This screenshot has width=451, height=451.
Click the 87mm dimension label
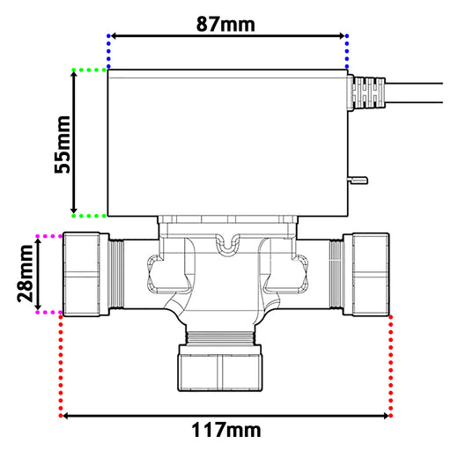pos(225,24)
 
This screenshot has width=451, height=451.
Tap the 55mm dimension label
pos(63,144)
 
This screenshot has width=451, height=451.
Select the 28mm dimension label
pos(25,274)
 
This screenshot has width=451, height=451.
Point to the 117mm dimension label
pos(226,430)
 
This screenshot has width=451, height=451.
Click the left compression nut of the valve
pos(85,275)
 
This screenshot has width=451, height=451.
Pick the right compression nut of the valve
pos(366,275)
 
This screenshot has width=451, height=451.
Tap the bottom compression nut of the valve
pos(219,367)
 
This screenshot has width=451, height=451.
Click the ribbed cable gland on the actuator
pos(366,92)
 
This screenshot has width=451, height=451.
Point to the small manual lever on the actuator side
pos(358,180)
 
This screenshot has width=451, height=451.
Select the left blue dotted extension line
pos(108,51)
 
